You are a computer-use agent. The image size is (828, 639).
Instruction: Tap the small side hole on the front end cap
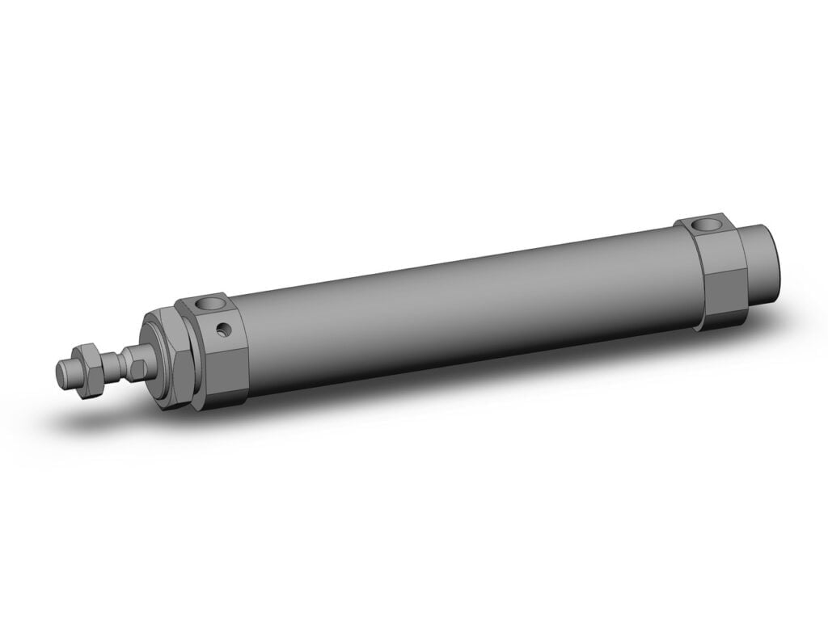(x=222, y=330)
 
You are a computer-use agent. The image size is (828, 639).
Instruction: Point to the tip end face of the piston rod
(x=60, y=372)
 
